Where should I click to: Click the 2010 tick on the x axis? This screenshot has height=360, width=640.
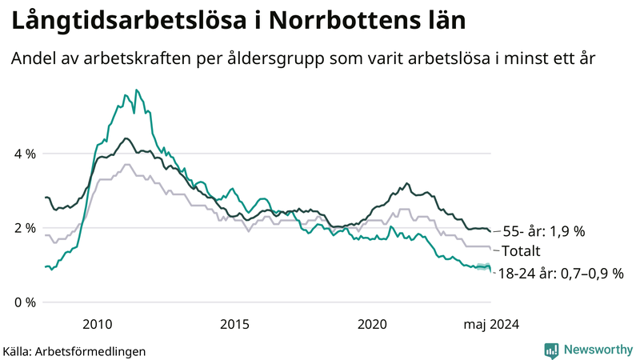pos(98,324)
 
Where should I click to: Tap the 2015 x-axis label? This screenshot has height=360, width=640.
pos(235,324)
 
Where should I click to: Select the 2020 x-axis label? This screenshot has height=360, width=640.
pos(373,324)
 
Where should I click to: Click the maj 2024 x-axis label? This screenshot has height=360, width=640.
pos(490,324)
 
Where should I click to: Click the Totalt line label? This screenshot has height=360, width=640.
pos(521,251)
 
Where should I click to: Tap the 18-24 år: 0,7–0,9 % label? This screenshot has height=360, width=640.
pos(560,274)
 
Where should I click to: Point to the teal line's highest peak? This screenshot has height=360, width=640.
pos(136,90)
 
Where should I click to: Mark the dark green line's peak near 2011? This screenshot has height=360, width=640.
pos(126,138)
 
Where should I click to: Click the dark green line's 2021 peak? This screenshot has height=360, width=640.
pos(407,183)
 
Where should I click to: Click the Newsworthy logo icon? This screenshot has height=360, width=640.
pos(551,350)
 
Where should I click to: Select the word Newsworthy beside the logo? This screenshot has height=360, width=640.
pos(598,350)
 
